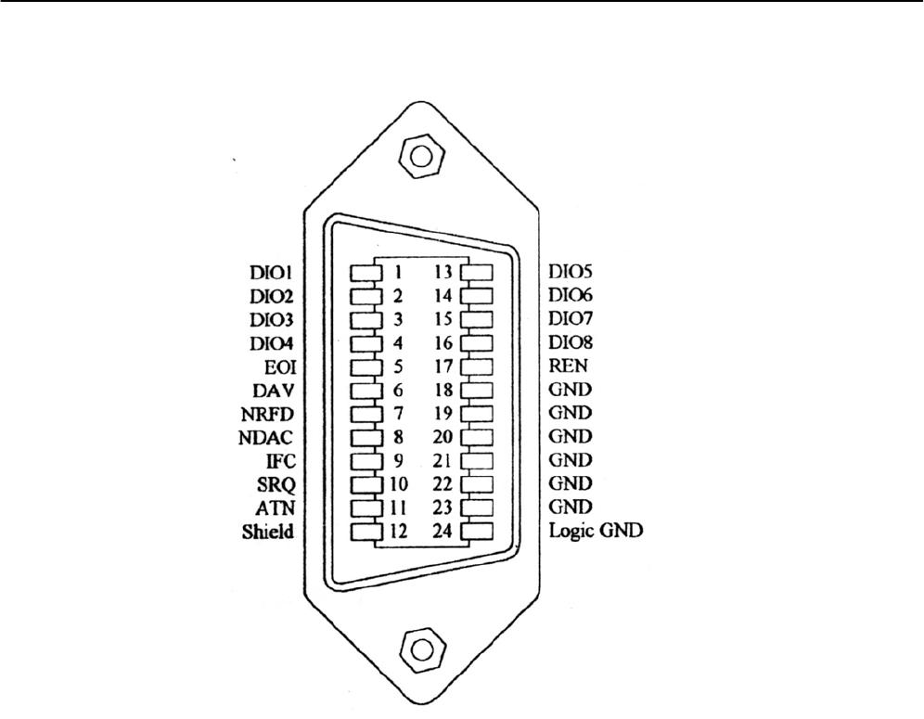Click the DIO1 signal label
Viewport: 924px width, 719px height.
[x=271, y=274]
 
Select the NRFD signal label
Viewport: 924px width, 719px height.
[x=270, y=414]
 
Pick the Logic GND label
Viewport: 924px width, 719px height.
[x=596, y=532]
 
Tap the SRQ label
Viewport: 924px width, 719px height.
[x=276, y=484]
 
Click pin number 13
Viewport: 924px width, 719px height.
[x=443, y=274]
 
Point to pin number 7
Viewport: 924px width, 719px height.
[x=397, y=414]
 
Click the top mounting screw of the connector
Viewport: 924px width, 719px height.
[x=419, y=156]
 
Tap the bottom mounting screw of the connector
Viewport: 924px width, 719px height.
[x=419, y=647]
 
